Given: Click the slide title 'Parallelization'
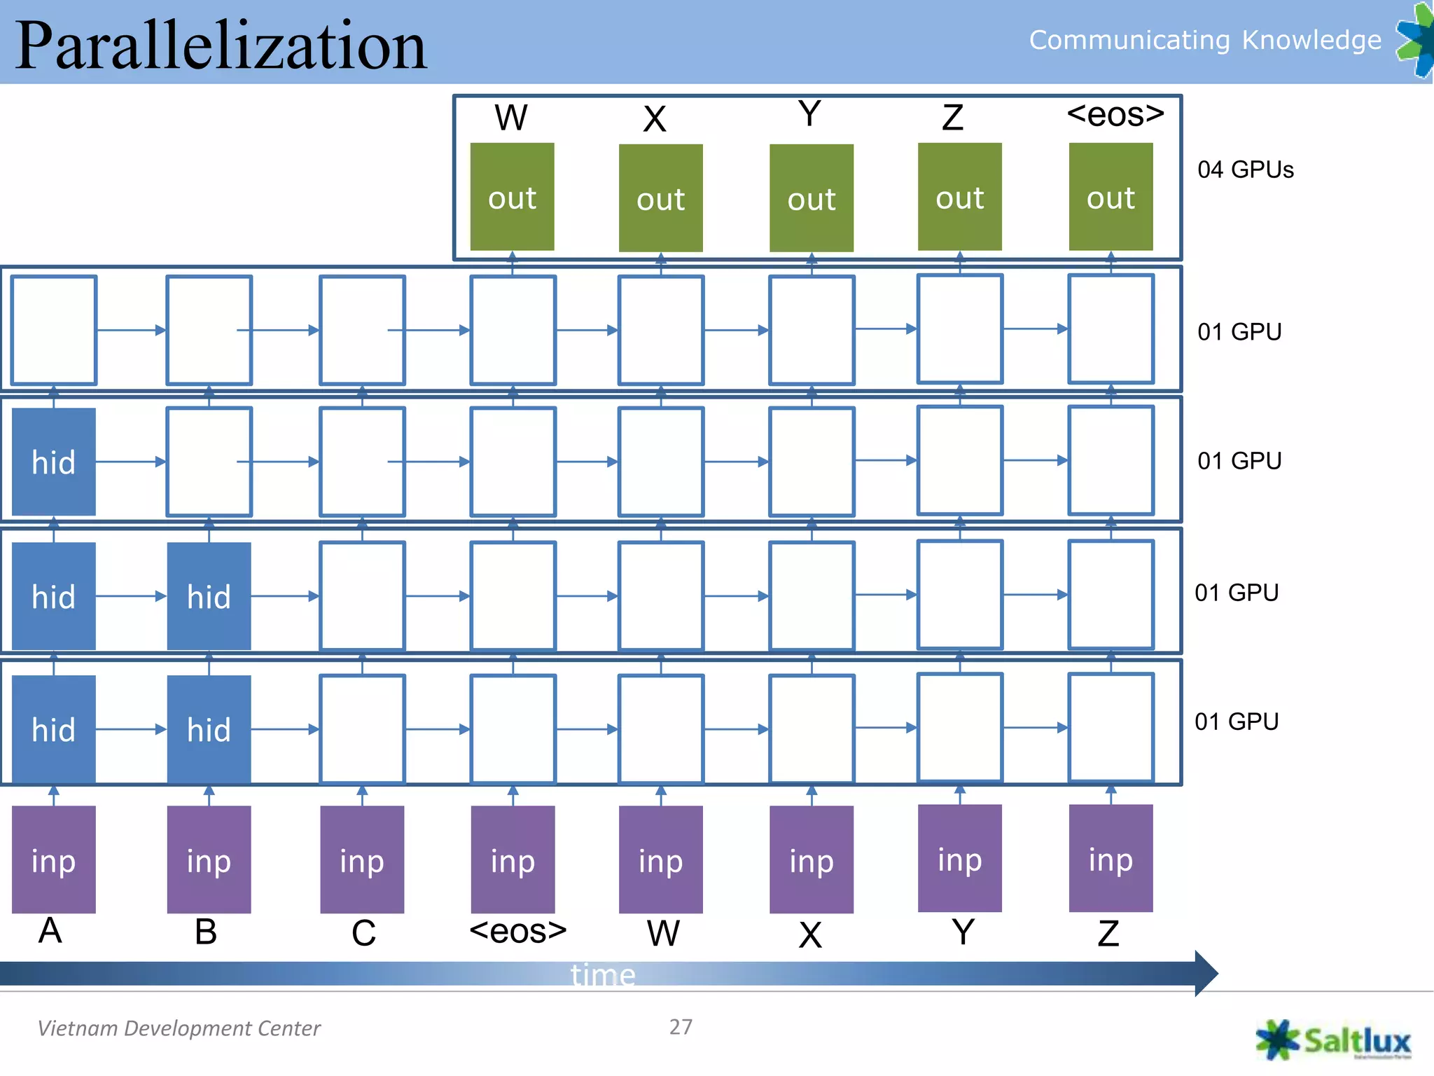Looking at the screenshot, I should pos(221,46).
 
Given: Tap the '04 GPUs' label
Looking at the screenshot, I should pos(1245,170).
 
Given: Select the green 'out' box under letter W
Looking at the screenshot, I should pos(512,197).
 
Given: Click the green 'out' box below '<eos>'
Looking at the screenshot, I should pos(1111,197).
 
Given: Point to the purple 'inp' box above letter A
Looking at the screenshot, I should pos(54,860).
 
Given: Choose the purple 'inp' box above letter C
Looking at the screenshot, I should pos(362,860).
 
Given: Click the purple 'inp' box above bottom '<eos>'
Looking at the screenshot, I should pos(513,860).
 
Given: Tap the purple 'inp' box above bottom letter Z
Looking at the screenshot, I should pos(1111,858).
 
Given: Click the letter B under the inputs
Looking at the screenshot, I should pos(206,932).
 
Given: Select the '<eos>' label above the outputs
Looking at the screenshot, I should pos(1115,114).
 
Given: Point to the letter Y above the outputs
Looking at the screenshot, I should pos(809,113).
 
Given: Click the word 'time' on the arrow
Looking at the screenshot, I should pos(603,974).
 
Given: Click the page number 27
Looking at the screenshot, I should pos(681,1027).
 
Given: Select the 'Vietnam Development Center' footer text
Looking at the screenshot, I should pos(179,1028).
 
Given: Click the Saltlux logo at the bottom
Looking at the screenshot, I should pos(1334,1040).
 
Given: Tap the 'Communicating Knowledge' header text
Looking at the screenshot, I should pos(1204,40).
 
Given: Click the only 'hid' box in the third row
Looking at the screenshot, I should pos(54,462).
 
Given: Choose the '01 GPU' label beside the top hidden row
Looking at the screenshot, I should pos(1239,331).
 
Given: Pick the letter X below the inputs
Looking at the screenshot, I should pos(810,934).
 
